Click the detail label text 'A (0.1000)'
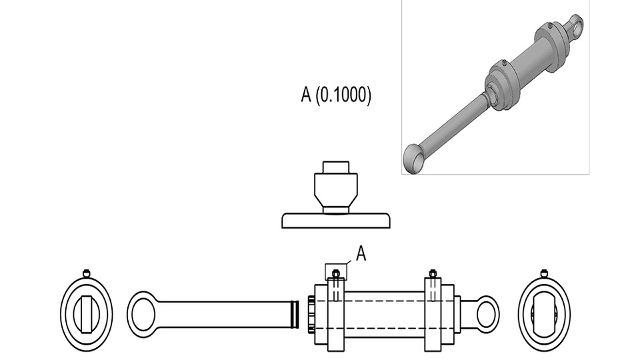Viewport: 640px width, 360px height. (x=336, y=95)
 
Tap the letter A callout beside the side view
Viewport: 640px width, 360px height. (x=361, y=253)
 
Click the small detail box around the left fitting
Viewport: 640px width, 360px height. (x=335, y=271)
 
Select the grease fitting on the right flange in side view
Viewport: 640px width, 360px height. (x=433, y=273)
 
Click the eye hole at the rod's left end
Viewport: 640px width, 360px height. (x=143, y=314)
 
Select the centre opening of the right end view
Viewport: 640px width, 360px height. (x=544, y=314)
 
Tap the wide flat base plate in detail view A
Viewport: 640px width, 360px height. (x=335, y=220)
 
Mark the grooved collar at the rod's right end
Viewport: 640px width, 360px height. (x=294, y=314)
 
